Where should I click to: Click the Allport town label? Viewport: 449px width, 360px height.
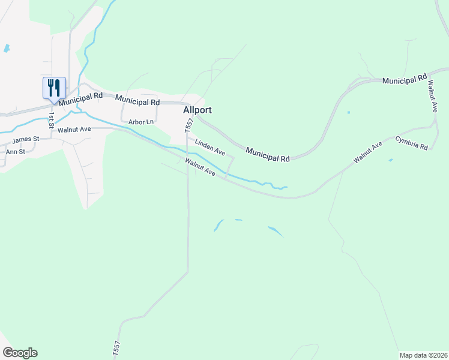[197, 110]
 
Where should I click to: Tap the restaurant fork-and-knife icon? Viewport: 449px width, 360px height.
[54, 88]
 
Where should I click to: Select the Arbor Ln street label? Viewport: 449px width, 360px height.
[141, 122]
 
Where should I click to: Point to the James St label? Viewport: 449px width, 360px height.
[26, 139]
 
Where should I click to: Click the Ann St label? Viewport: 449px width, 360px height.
[15, 152]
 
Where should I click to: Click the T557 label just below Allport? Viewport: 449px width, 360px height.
[190, 125]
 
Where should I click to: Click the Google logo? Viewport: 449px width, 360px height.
[20, 353]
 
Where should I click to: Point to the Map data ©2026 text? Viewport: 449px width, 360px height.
[423, 355]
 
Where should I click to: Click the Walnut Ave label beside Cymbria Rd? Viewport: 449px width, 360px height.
[368, 153]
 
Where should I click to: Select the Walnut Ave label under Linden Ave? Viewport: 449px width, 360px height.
[200, 167]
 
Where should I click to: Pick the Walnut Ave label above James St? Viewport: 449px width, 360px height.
[74, 129]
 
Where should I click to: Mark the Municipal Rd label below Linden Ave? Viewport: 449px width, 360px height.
[268, 155]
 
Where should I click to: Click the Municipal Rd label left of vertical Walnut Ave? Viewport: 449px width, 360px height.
[404, 79]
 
